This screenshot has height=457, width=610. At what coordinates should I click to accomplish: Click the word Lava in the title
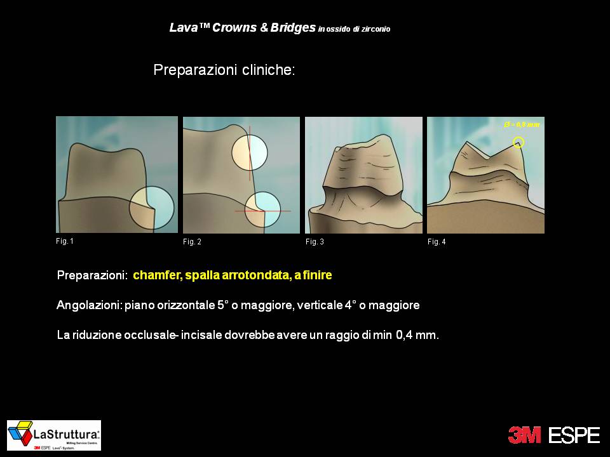(x=181, y=28)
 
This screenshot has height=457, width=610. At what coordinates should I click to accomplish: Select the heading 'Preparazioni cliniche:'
(x=224, y=70)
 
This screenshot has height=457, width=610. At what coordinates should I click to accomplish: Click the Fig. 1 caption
(x=65, y=241)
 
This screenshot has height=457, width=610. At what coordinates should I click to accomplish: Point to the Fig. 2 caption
(x=192, y=242)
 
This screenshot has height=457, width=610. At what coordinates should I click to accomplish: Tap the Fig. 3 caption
(x=315, y=242)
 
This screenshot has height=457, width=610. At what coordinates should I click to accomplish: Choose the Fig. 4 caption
(x=437, y=242)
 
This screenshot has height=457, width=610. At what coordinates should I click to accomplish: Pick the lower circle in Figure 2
(x=263, y=209)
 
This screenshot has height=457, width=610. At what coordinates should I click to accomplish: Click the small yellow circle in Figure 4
(x=518, y=142)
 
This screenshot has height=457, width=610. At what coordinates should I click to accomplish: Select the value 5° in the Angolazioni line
(x=222, y=305)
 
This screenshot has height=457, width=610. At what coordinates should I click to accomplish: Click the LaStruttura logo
(x=54, y=435)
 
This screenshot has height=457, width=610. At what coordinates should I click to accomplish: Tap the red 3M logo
(x=524, y=435)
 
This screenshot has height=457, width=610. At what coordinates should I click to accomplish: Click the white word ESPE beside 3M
(x=574, y=435)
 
